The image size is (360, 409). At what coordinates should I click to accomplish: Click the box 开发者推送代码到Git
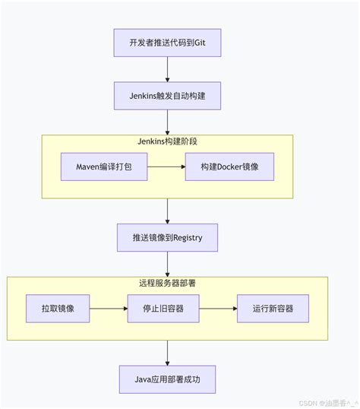[167, 43]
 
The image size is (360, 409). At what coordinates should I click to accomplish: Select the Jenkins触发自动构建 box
[167, 97]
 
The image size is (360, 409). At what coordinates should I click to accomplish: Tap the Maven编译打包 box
[104, 166]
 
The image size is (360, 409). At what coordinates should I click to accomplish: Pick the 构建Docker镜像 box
[229, 166]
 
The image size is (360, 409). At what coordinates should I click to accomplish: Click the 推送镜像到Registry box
[167, 238]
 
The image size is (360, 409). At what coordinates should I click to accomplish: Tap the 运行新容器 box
[273, 309]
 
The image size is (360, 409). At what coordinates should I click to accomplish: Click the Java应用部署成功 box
[167, 379]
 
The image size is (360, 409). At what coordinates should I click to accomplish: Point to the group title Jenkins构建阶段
[167, 141]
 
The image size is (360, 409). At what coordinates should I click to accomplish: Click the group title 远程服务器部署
[168, 283]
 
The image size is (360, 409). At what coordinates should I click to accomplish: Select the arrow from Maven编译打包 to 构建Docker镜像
[166, 166]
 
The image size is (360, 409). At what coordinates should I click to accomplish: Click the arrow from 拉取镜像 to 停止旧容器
[109, 309]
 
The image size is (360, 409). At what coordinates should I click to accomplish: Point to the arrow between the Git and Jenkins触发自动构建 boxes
[167, 69]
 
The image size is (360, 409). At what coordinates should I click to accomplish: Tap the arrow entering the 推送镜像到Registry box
[167, 211]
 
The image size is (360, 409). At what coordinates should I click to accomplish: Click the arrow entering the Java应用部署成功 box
[167, 353]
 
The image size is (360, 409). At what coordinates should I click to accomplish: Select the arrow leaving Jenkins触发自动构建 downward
[167, 122]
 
